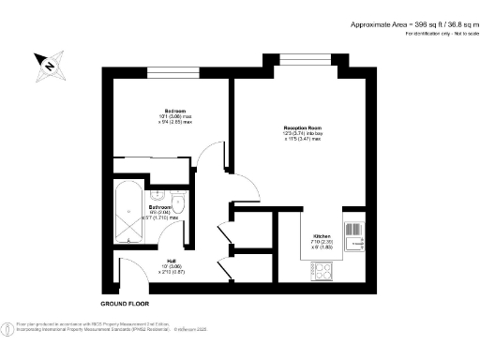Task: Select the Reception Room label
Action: pyautogui.click(x=303, y=127)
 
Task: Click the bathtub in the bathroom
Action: pyautogui.click(x=128, y=215)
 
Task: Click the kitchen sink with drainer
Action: pyautogui.click(x=355, y=234)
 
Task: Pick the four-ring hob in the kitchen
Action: pyautogui.click(x=322, y=271)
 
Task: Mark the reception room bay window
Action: pyautogui.click(x=304, y=61)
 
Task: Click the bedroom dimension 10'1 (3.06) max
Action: pyautogui.click(x=174, y=117)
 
